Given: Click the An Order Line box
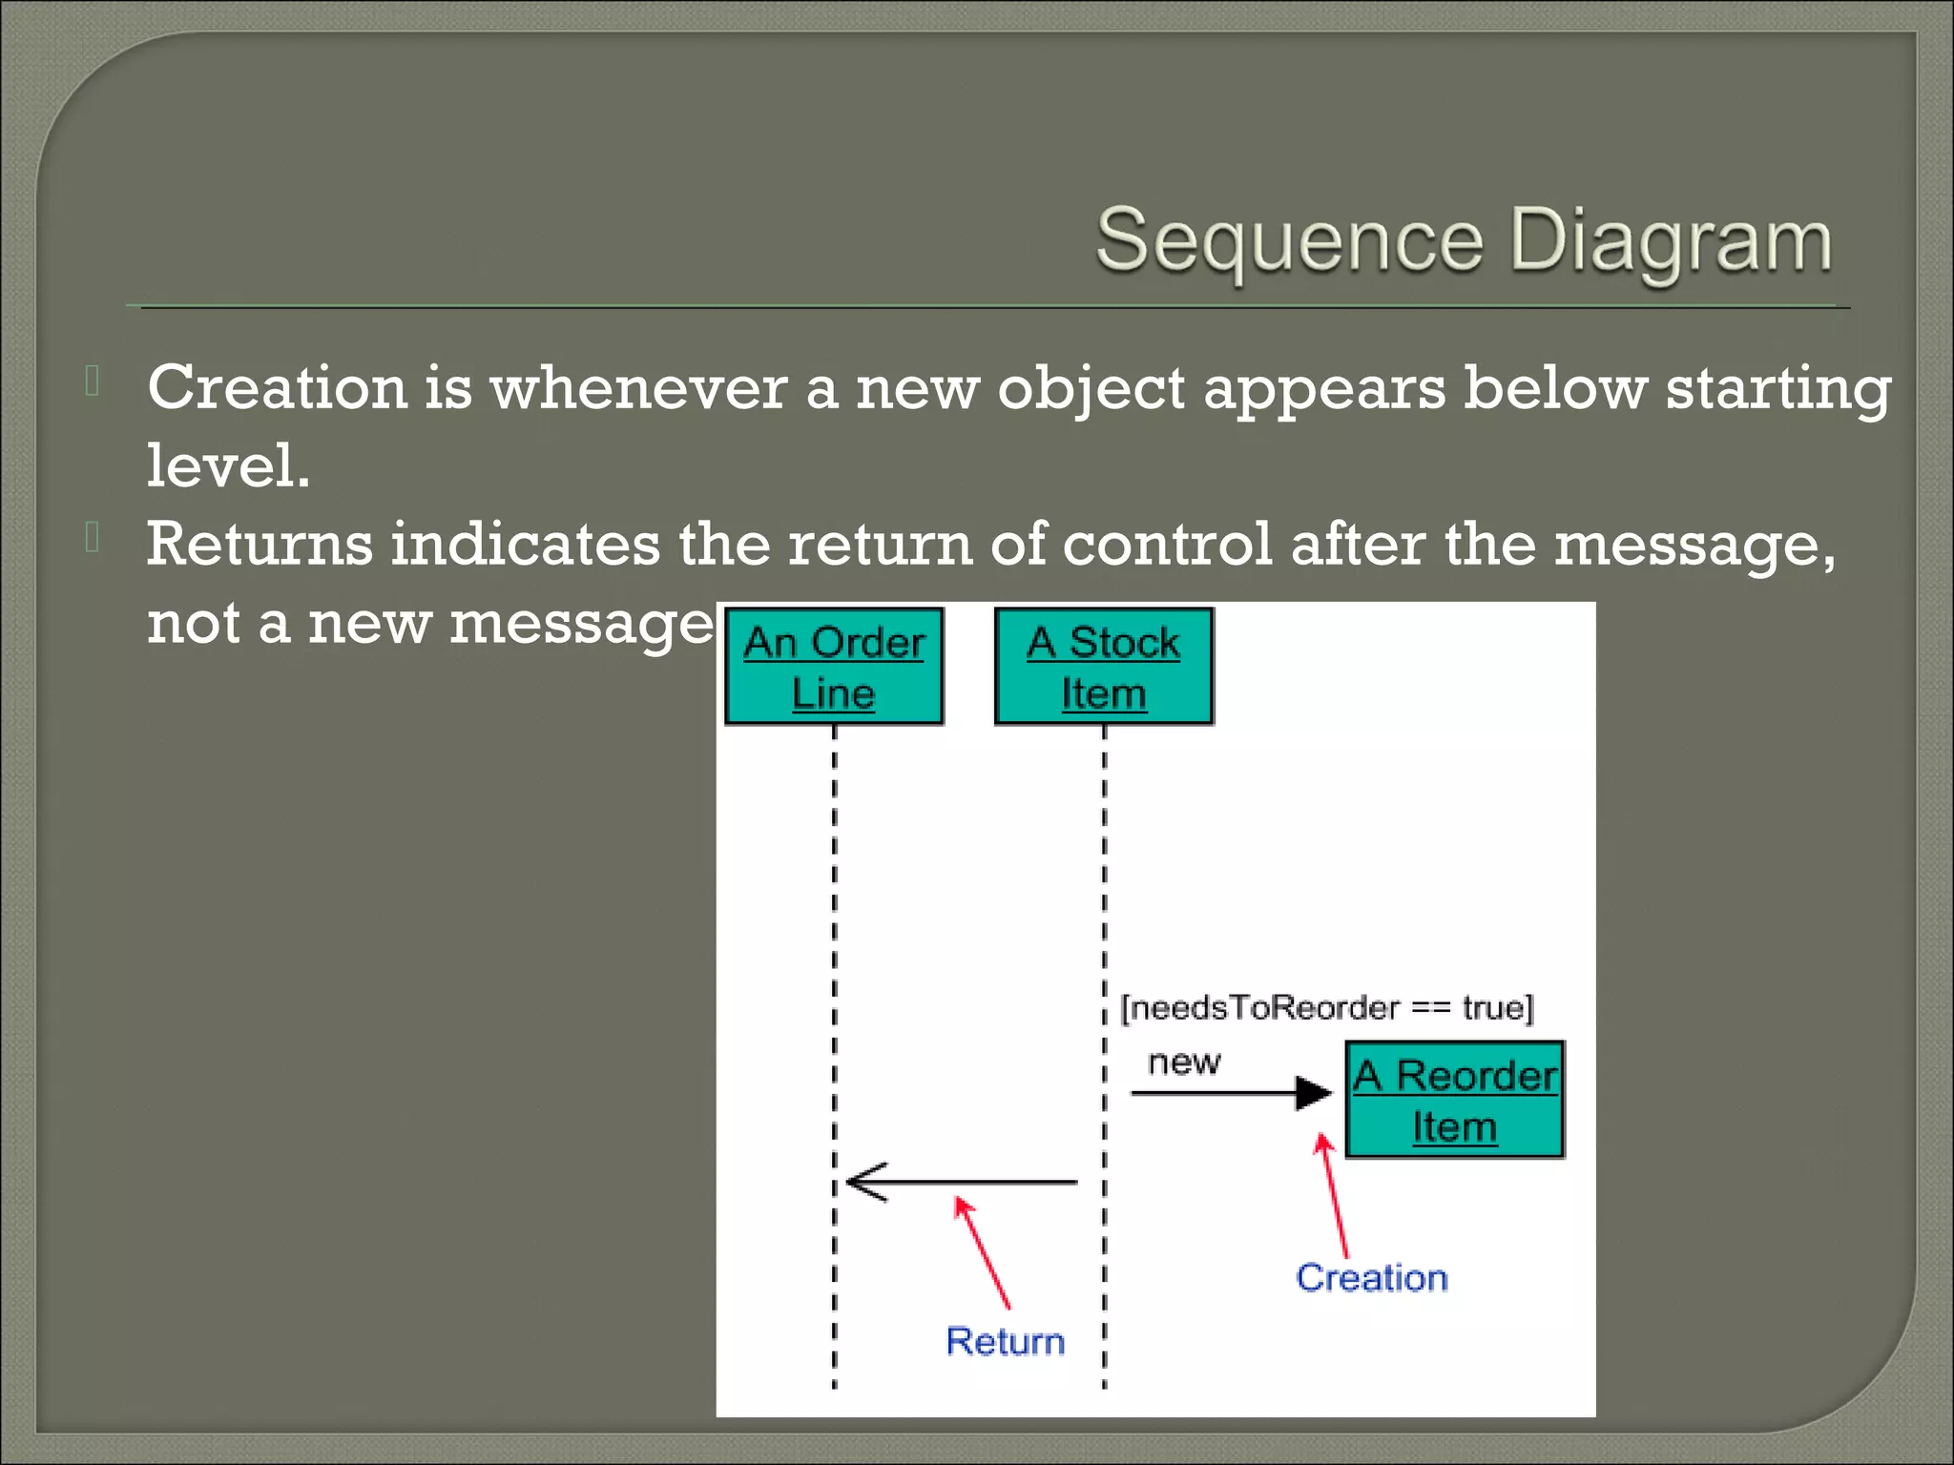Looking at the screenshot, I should click(834, 667).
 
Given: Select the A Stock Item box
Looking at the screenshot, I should click(1104, 667).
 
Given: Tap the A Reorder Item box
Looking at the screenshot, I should click(1454, 1100).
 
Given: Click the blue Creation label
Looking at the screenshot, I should click(1371, 1278).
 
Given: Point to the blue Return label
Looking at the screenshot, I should click(1005, 1341).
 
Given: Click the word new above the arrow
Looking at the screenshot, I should click(1183, 1062).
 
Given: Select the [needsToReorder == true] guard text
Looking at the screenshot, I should click(1326, 1008).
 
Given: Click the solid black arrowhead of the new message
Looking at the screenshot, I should click(1315, 1093).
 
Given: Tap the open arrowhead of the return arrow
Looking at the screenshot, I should click(863, 1183).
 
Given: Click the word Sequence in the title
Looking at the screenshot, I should click(1289, 240).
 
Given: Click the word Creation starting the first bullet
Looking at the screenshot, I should click(277, 388).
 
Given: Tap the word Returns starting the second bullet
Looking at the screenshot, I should click(259, 545).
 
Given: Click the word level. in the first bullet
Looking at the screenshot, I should click(228, 466).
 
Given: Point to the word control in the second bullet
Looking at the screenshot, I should click(1167, 545).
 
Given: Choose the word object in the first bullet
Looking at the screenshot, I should click(1091, 389).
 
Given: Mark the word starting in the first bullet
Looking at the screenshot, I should click(1777, 389).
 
